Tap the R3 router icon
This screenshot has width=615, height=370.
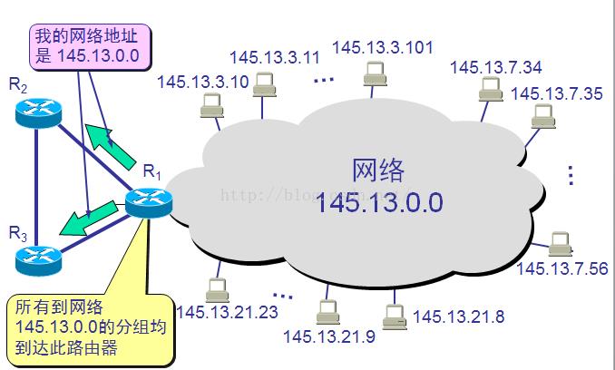pyautogui.click(x=36, y=259)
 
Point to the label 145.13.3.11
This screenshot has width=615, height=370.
pyautogui.click(x=275, y=57)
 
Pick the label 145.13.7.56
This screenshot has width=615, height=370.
pyautogui.click(x=562, y=268)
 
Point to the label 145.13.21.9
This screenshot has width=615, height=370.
pyautogui.click(x=327, y=337)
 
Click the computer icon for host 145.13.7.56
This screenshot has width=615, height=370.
pyautogui.click(x=561, y=243)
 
